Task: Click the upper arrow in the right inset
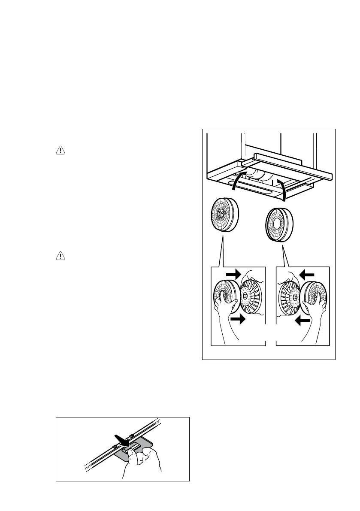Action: coord(307,274)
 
